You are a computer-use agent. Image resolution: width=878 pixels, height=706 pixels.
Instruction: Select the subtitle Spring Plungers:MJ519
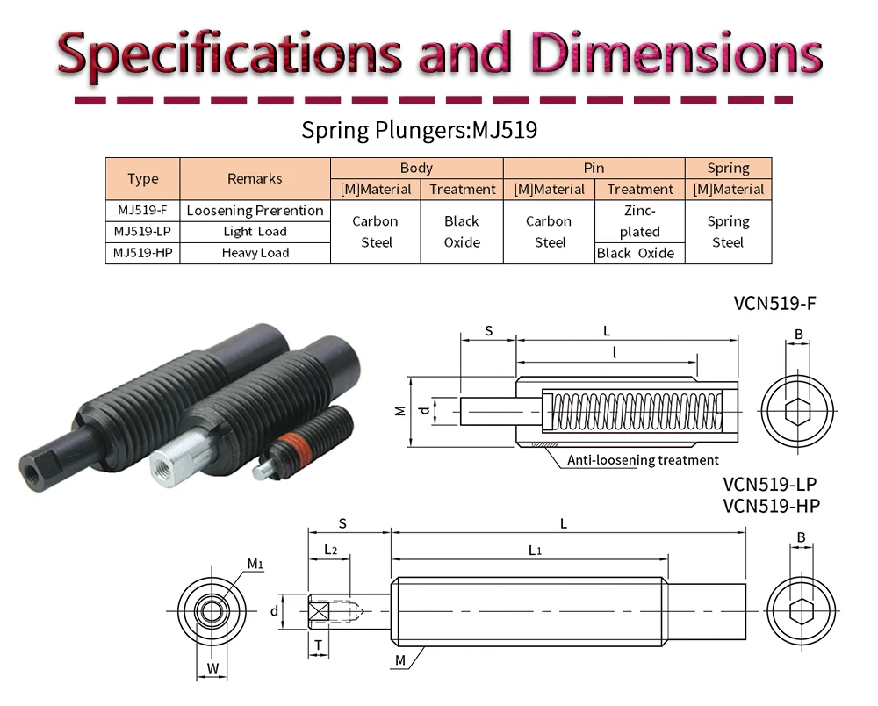click(x=419, y=131)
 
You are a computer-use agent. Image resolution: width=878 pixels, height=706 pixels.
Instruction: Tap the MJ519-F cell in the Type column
click(x=141, y=210)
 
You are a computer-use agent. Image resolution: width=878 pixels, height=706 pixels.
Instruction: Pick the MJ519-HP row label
click(x=141, y=253)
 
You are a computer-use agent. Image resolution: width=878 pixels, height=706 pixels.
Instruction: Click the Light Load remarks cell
click(x=255, y=232)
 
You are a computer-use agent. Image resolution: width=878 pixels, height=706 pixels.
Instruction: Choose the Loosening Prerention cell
click(x=255, y=211)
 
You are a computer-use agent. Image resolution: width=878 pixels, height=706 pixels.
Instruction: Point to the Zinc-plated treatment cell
click(x=639, y=221)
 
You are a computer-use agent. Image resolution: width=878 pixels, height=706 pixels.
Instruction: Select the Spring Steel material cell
click(x=728, y=232)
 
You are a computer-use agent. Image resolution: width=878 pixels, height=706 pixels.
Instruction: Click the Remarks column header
click(x=255, y=178)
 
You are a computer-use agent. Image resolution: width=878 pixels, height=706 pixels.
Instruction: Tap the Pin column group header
click(x=594, y=168)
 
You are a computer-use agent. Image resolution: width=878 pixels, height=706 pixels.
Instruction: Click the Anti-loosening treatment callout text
click(x=643, y=460)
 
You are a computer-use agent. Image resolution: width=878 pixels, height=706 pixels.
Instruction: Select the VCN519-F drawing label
click(x=774, y=305)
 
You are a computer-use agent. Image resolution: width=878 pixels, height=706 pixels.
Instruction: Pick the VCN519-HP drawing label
click(x=771, y=505)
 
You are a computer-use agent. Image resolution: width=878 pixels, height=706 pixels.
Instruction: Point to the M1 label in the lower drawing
click(x=255, y=564)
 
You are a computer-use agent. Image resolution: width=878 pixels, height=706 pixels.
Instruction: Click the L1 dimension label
click(x=535, y=550)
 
